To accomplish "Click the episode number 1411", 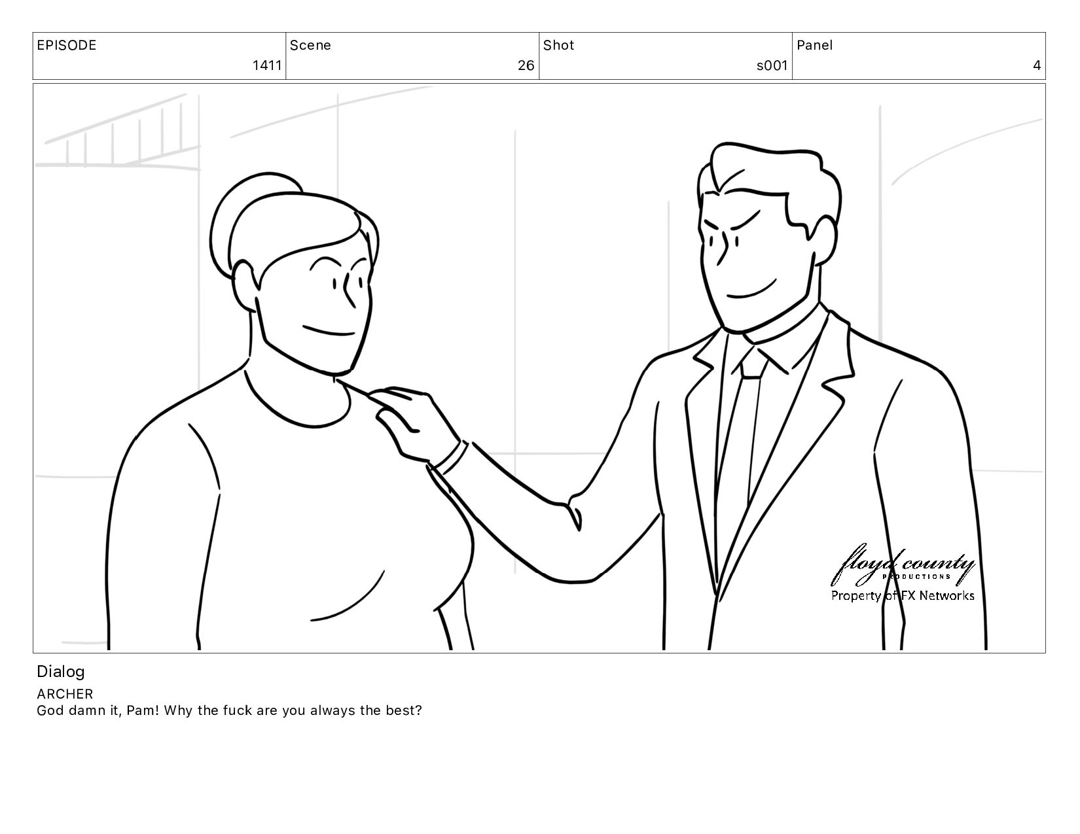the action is (267, 65).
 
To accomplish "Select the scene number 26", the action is (526, 65).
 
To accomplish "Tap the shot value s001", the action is (772, 65).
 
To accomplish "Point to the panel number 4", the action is (1037, 65).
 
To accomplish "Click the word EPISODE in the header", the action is (67, 45).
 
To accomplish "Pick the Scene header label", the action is (310, 45).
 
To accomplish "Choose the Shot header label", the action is (558, 45).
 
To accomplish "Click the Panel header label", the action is (814, 45).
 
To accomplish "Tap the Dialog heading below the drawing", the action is (61, 672).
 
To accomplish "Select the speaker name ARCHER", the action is (65, 694).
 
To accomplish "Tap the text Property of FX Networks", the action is (903, 595).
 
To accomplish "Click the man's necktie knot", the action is (753, 364).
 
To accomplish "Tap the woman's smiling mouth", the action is (328, 332).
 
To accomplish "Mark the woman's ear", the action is (245, 286).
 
